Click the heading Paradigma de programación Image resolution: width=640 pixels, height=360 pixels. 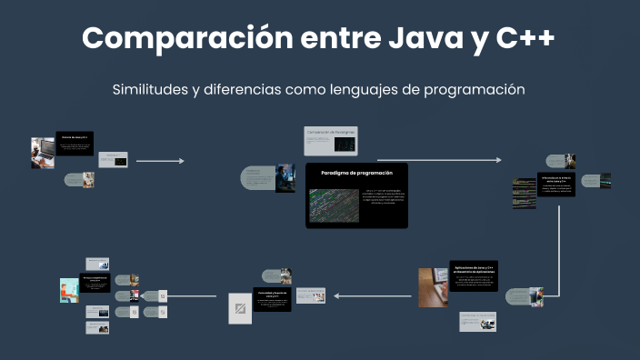(x=356, y=172)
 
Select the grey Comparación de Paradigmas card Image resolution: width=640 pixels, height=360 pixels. (x=331, y=141)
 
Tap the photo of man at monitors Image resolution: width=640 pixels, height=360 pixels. (x=285, y=176)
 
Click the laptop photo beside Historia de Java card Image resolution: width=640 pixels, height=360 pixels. (x=43, y=153)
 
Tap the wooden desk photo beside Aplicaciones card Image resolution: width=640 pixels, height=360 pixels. (x=433, y=287)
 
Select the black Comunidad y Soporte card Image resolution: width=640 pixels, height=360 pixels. (x=272, y=299)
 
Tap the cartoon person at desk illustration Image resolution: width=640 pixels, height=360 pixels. (x=69, y=290)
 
